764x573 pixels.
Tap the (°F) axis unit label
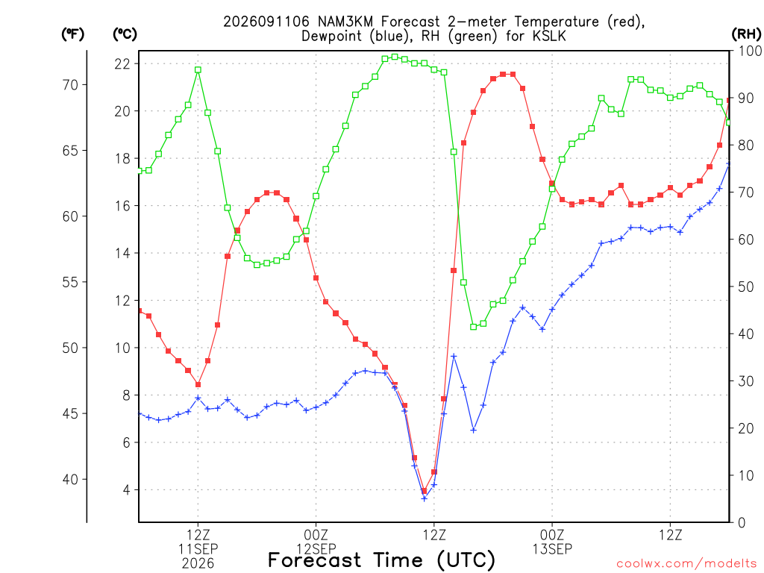coord(72,34)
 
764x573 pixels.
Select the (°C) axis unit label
coord(125,34)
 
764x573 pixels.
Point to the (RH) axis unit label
coord(746,34)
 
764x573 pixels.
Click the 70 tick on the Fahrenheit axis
coord(70,85)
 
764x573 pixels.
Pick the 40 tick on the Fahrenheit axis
coord(70,480)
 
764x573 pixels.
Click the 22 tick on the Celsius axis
coord(122,64)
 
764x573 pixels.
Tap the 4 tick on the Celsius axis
coord(127,489)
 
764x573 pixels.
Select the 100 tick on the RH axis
coord(751,51)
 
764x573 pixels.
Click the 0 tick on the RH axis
coord(742,523)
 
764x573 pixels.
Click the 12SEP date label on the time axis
coord(316,548)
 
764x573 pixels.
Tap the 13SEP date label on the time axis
coord(552,548)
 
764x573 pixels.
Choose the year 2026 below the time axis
coord(198,564)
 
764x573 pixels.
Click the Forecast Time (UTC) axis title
coord(381,560)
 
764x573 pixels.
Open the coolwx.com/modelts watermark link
coord(686,564)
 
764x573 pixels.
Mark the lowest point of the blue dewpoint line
coord(424,498)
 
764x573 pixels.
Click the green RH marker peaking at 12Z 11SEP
coord(198,69)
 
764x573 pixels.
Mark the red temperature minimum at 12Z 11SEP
coord(198,384)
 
